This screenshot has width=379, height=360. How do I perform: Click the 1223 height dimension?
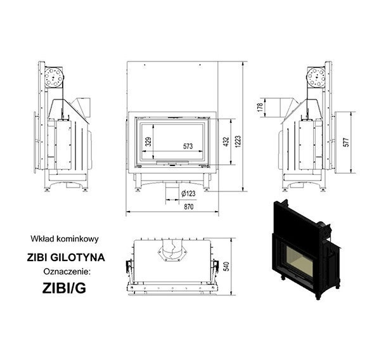point(238,142)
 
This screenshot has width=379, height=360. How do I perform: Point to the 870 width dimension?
point(189,207)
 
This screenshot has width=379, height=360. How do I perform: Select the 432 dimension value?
point(226,142)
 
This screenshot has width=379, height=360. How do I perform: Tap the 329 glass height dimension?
point(148,141)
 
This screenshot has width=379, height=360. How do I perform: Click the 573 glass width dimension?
point(188,146)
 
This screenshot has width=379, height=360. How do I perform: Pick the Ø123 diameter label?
point(188,193)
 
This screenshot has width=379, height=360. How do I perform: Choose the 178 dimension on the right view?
point(260,107)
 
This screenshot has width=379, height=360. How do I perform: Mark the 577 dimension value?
point(346,143)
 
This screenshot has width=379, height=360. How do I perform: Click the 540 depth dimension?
point(227,266)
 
